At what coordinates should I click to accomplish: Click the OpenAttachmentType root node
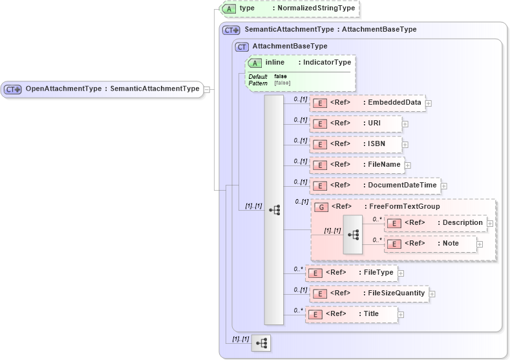point(103,89)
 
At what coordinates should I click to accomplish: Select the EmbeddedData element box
point(368,103)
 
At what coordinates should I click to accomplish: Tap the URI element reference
point(356,123)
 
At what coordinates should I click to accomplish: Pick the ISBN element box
point(356,144)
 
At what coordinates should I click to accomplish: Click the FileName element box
point(357,165)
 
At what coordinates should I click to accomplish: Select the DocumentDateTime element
point(376,185)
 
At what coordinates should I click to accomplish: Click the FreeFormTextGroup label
point(404,206)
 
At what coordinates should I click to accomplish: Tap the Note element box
point(431,243)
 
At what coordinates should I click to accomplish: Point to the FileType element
point(351,273)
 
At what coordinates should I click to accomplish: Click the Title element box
point(351,314)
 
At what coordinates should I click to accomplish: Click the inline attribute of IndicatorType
point(301,63)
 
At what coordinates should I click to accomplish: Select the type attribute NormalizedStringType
point(290,8)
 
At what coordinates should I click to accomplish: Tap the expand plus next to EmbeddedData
point(429,103)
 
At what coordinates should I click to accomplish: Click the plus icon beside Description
point(490,223)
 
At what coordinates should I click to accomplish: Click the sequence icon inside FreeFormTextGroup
point(353,234)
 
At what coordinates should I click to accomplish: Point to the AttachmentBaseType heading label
point(290,47)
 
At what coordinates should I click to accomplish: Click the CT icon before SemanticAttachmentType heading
point(231,30)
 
